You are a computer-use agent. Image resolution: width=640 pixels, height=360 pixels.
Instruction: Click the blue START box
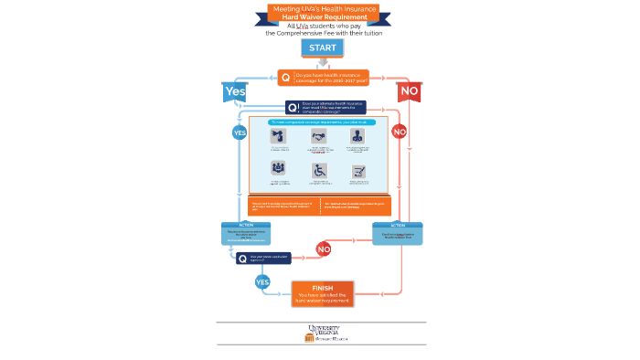tap(322, 48)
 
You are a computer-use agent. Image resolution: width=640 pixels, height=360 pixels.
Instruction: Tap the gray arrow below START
tap(322, 62)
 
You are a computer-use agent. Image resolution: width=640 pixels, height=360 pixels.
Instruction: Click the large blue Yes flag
tap(235, 91)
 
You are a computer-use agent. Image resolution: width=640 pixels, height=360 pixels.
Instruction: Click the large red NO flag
tap(409, 91)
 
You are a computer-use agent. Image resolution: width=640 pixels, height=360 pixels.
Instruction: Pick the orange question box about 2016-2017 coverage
tap(324, 78)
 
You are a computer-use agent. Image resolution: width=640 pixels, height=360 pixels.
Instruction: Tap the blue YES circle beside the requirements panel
tap(240, 132)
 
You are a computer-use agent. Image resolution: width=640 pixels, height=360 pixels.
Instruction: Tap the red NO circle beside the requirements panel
tap(399, 132)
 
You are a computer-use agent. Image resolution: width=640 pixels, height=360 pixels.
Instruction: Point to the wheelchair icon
tap(319, 170)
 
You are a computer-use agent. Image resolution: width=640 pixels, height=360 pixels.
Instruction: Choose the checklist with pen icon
tap(359, 171)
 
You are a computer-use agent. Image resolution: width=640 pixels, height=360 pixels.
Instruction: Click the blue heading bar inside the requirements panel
tap(319, 121)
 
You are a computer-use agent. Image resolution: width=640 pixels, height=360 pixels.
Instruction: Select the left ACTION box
tap(244, 236)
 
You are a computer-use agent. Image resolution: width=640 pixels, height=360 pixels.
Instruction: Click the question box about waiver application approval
tap(263, 259)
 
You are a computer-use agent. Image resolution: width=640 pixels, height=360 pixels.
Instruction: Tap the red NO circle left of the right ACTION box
tap(323, 249)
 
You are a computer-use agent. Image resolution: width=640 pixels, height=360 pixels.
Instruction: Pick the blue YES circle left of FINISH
tap(262, 282)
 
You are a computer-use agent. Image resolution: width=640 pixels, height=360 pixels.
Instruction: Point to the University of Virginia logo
tap(322, 333)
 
